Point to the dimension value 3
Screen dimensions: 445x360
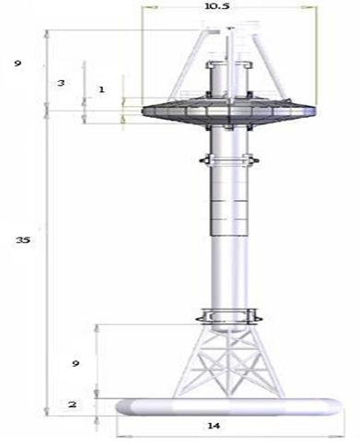click(60, 83)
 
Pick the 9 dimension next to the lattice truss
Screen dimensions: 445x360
click(76, 364)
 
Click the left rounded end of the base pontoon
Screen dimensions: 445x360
click(120, 405)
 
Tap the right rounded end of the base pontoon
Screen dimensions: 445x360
click(330, 405)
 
